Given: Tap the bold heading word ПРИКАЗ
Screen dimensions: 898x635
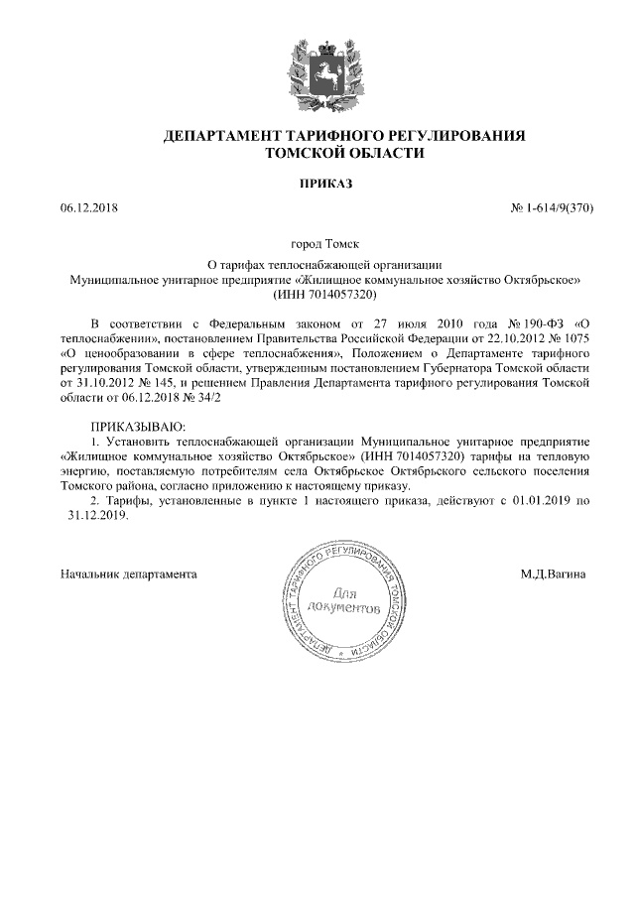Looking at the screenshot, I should (317, 184).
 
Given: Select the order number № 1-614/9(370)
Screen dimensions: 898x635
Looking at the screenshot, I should (551, 209).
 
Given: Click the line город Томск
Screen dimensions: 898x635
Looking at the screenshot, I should (317, 243).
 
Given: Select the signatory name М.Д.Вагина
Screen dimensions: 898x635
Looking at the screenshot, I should (554, 575).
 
